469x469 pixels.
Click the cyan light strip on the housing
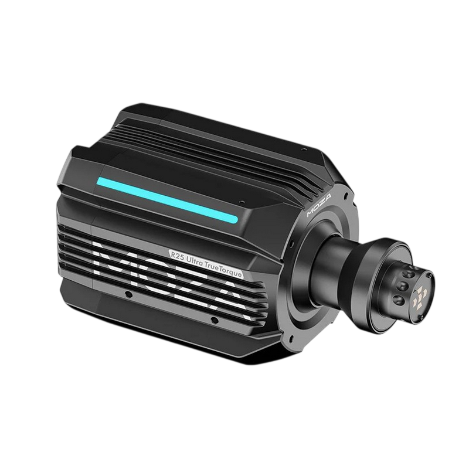click(x=167, y=200)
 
